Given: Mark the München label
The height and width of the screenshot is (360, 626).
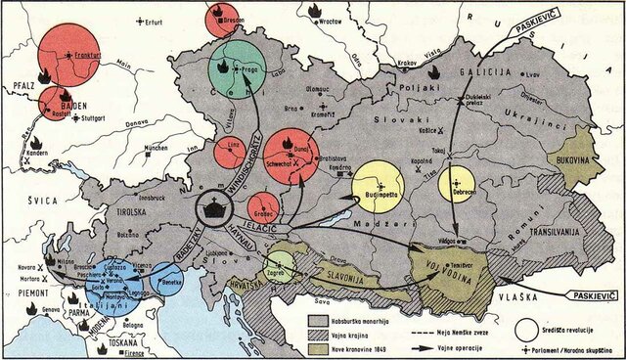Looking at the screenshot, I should [157, 150].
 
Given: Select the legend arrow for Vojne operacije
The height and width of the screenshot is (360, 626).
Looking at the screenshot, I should [434, 334].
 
